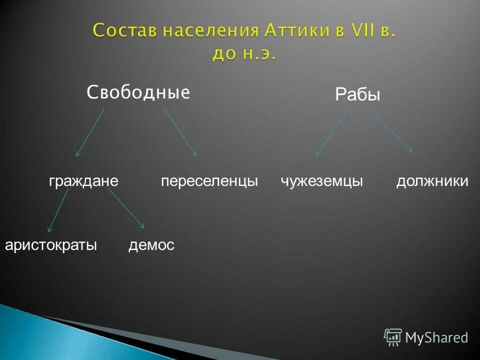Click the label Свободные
tap(138, 92)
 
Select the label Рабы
tap(357, 94)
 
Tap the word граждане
tap(83, 181)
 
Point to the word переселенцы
tap(209, 181)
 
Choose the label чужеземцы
tap(322, 181)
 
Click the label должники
tap(432, 181)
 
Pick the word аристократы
tap(50, 245)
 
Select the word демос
tap(151, 245)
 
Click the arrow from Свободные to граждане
tap(90, 132)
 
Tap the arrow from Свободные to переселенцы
tap(180, 132)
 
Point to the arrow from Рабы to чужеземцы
tap(332, 132)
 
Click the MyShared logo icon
tap(393, 337)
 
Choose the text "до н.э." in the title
tap(243, 54)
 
